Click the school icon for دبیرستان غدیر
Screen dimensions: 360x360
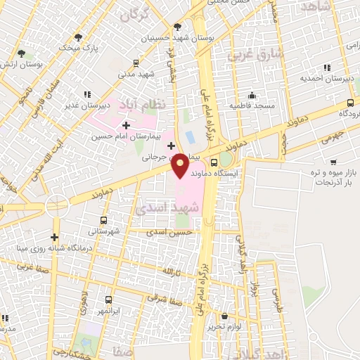pyautogui.click(x=87, y=94)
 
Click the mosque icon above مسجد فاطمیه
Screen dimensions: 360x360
pyautogui.click(x=252, y=95)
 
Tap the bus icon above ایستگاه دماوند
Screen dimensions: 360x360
pyautogui.click(x=214, y=162)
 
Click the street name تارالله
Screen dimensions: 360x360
pyautogui.click(x=172, y=271)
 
